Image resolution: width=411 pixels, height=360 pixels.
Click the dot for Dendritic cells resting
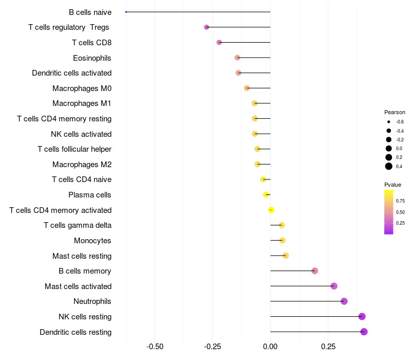pos(364,332)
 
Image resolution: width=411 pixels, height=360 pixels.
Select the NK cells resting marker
pos(362,316)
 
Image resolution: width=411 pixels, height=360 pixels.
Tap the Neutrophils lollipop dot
pos(344,301)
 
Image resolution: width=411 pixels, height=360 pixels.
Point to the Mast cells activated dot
pos(334,286)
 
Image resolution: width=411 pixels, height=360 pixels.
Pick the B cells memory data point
pos(314,271)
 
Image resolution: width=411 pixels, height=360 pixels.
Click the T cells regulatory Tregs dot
pos(207,27)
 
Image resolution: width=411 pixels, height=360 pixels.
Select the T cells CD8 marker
pos(219,42)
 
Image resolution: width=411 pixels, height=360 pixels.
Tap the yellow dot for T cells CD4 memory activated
pos(271,210)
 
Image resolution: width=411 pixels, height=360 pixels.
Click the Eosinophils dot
pos(237,58)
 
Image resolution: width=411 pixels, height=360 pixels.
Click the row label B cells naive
pos(90,12)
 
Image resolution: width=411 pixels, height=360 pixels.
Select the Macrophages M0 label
pos(82,88)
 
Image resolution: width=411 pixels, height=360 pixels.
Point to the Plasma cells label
pos(90,195)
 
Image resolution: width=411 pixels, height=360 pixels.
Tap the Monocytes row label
pos(92,241)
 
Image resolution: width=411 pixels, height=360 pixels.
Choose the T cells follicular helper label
pos(74,149)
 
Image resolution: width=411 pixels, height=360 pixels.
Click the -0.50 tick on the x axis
pos(155,347)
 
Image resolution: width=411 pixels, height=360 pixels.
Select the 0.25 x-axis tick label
pos(328,347)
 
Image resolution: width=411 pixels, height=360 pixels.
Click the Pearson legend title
pos(395,112)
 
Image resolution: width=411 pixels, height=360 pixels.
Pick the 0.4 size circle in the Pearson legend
pos(389,166)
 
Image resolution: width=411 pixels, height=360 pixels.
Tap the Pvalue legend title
pos(393,185)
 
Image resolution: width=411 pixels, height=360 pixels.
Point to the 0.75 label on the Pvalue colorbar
pos(400,201)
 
